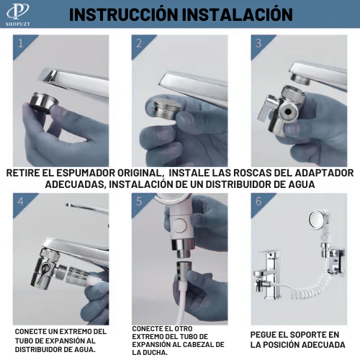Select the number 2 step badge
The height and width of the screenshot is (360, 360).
click(x=140, y=42)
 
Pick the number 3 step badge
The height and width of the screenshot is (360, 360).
click(x=258, y=42)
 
